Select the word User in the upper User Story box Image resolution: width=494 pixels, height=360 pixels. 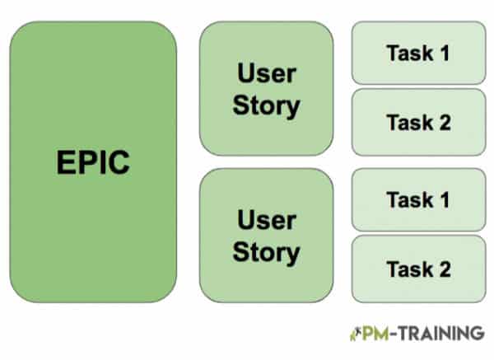[x=266, y=74]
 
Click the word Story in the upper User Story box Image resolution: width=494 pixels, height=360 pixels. [x=266, y=105]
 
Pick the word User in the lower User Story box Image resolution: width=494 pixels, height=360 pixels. [x=266, y=220]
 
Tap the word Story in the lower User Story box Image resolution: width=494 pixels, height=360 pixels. [x=266, y=251]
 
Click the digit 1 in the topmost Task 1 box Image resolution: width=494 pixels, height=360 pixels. [x=445, y=54]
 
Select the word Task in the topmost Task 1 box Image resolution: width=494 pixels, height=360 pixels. [x=408, y=54]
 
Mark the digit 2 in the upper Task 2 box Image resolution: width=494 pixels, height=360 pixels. [x=445, y=122]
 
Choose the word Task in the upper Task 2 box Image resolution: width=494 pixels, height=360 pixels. [x=408, y=122]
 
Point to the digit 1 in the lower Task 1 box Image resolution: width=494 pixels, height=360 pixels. [x=445, y=200]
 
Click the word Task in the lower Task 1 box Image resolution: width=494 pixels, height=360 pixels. [x=408, y=200]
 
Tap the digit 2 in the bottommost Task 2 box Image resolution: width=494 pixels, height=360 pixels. [x=445, y=269]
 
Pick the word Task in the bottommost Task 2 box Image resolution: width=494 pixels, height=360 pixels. [x=408, y=269]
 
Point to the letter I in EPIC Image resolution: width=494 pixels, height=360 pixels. [x=101, y=162]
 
